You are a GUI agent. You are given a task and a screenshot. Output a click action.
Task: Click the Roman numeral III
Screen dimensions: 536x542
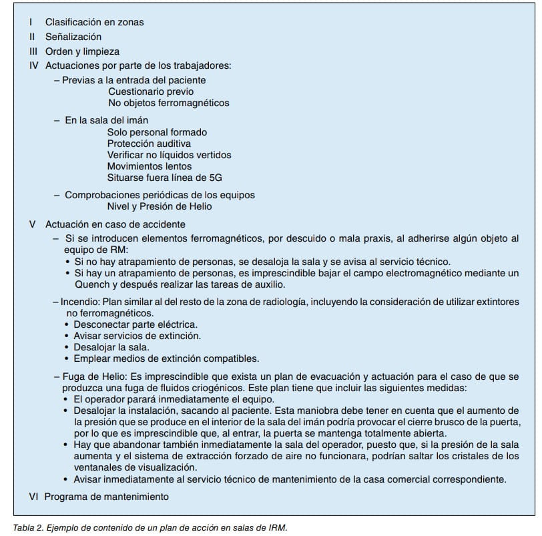pyautogui.click(x=33, y=51)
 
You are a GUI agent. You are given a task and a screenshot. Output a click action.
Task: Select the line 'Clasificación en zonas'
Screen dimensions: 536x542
pyautogui.click(x=94, y=22)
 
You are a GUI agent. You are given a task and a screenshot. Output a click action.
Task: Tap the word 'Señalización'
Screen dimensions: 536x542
pyautogui.click(x=73, y=37)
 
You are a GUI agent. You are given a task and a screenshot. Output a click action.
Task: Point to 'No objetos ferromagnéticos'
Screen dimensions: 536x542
pyautogui.click(x=168, y=103)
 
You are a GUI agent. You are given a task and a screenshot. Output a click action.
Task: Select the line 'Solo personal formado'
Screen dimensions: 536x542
pyautogui.click(x=157, y=132)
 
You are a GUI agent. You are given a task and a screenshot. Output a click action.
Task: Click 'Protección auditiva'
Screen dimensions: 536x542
pyautogui.click(x=149, y=144)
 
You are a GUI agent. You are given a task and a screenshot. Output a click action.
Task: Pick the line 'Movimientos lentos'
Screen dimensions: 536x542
pyautogui.click(x=149, y=166)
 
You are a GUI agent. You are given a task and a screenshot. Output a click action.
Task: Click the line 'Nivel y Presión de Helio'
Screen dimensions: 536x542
pyautogui.click(x=159, y=206)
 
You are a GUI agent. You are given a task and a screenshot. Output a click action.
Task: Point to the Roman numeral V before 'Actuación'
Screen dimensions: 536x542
pyautogui.click(x=33, y=224)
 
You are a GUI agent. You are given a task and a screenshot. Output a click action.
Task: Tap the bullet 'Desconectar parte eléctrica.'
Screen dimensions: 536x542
pyautogui.click(x=126, y=324)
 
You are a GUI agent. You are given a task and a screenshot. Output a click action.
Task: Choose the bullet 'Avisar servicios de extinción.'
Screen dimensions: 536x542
pyautogui.click(x=137, y=336)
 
